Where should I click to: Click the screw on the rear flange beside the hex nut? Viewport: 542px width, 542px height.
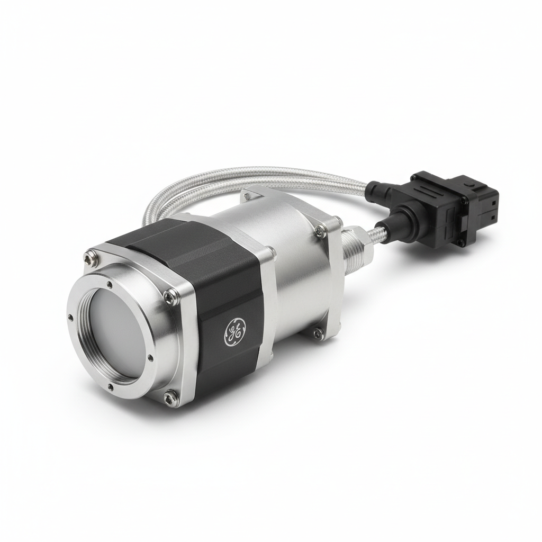[x=320, y=229]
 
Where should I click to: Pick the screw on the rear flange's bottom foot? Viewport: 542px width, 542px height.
[x=317, y=333]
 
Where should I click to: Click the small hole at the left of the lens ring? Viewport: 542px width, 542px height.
[x=70, y=318]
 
